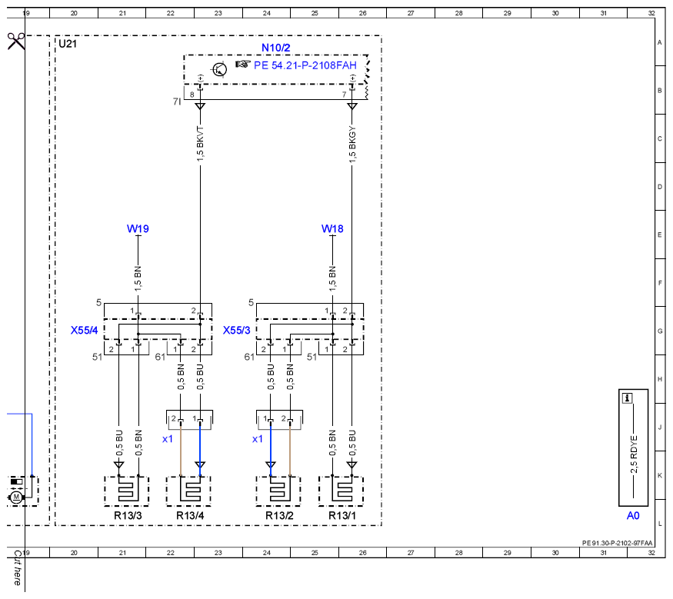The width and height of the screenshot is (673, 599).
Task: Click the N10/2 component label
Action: click(x=275, y=48)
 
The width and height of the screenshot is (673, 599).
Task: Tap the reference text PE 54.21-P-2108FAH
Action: click(x=305, y=65)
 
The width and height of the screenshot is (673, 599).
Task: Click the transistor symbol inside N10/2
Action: click(x=220, y=69)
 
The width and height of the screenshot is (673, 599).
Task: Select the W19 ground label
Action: click(x=138, y=228)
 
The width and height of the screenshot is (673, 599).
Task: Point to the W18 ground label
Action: click(x=332, y=228)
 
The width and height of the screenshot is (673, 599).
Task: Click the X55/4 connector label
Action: click(x=84, y=331)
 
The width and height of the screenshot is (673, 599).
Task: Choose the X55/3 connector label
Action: click(x=236, y=331)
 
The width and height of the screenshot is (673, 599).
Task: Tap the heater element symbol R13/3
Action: click(x=127, y=491)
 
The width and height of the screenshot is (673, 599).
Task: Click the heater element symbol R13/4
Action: click(x=189, y=491)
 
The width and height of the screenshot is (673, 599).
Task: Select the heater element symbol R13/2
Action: click(x=278, y=491)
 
